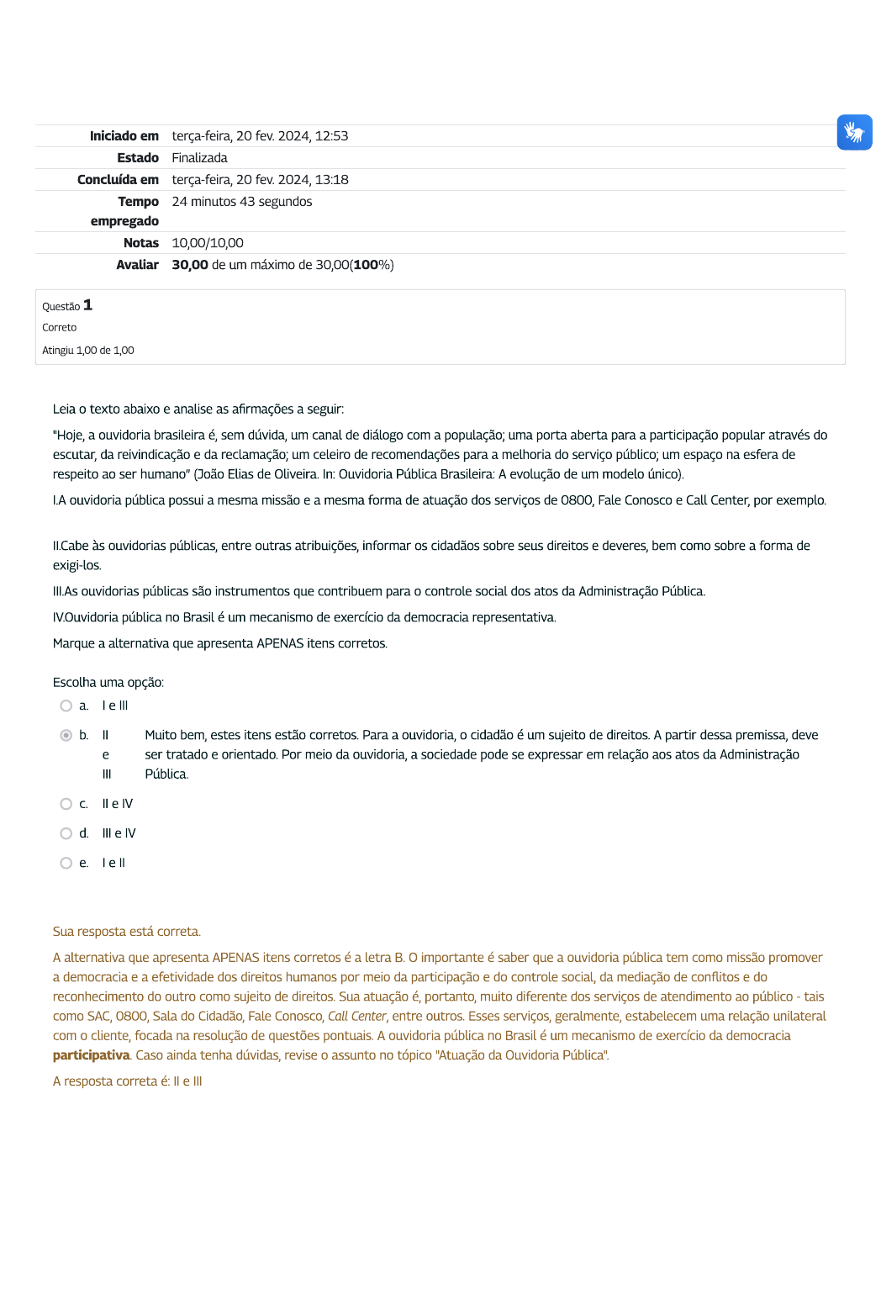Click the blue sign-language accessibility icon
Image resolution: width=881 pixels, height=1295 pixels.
(854, 133)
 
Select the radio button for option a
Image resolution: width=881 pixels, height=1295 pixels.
(66, 706)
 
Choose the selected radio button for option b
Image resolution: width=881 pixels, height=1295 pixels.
(66, 736)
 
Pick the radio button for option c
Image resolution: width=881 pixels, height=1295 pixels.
(66, 805)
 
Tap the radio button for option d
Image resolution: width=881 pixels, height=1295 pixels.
(66, 834)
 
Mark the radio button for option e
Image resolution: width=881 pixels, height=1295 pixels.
(66, 864)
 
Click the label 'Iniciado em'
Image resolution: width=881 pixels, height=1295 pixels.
(124, 136)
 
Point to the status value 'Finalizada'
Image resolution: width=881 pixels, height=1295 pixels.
(199, 158)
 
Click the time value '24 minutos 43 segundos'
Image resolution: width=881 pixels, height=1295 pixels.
(241, 202)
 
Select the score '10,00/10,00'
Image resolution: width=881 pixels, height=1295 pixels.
(208, 243)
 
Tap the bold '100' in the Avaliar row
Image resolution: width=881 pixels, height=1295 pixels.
(366, 265)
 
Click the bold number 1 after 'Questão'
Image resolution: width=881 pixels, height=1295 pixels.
(87, 305)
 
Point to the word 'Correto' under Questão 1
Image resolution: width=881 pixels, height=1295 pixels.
(59, 328)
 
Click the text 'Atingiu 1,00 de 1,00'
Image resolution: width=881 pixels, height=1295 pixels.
(88, 351)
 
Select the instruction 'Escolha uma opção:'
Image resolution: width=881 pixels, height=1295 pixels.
(108, 683)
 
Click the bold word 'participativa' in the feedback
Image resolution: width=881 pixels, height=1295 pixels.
(92, 1055)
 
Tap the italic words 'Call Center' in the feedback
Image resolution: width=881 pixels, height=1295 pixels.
(357, 1017)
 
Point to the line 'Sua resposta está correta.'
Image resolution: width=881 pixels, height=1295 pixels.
(127, 932)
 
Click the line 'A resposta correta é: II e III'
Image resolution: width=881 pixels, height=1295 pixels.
(128, 1081)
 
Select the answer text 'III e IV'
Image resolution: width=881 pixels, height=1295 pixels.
(119, 834)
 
